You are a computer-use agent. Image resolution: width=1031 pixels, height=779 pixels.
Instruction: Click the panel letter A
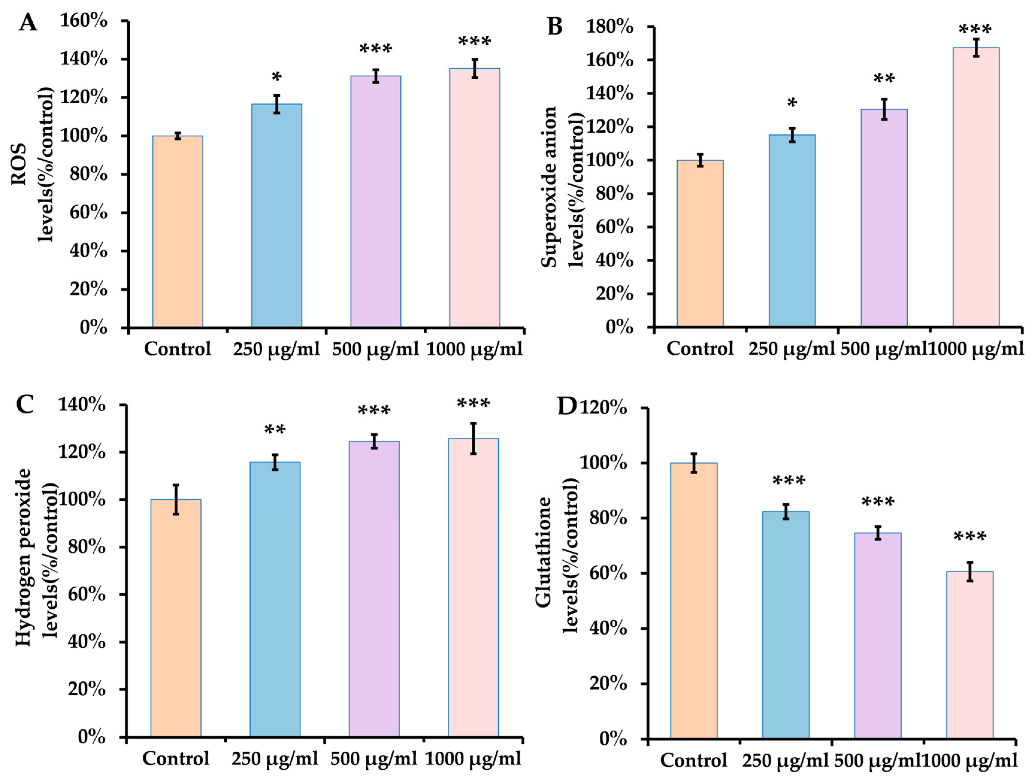click(28, 22)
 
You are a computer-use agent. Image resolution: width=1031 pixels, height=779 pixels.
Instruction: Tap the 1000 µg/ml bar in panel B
click(976, 187)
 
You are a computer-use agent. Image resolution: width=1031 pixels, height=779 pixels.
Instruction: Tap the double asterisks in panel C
click(275, 430)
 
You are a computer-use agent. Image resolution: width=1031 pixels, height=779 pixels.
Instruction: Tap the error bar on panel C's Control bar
click(176, 499)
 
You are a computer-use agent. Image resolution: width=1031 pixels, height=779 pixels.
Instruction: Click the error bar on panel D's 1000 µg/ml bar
click(970, 571)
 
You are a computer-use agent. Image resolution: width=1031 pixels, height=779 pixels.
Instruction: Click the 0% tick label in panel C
click(91, 736)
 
